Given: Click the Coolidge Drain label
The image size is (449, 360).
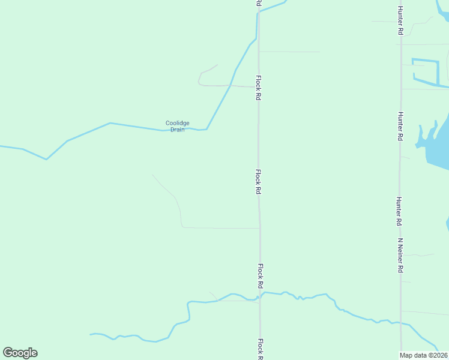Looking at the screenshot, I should click(177, 126).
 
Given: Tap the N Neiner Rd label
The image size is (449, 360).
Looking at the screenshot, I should click(400, 255).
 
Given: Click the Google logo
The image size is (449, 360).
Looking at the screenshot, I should click(20, 353).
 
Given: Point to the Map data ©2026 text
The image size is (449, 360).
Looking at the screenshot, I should click(423, 355).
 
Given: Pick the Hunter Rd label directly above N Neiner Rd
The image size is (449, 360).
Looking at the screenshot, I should click(400, 211).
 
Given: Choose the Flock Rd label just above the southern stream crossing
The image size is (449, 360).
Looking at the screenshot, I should click(261, 275).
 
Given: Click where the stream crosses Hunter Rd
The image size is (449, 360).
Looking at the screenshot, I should click(401, 324).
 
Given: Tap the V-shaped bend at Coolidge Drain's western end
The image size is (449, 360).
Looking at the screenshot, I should click(46, 159).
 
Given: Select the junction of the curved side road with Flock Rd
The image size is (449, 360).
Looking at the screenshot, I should click(258, 87).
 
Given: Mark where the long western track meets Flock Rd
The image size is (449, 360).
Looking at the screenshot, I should click(259, 228).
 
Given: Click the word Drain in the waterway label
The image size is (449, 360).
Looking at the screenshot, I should click(177, 130).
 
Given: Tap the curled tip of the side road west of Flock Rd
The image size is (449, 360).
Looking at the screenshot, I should click(215, 65).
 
